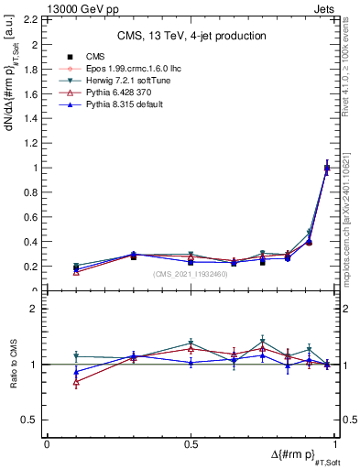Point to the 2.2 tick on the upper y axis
coord(34,19)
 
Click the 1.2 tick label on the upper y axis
coord(34,143)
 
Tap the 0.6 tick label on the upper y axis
coord(34,217)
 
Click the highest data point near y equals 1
coord(327,168)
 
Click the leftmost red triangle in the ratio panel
coord(76,382)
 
